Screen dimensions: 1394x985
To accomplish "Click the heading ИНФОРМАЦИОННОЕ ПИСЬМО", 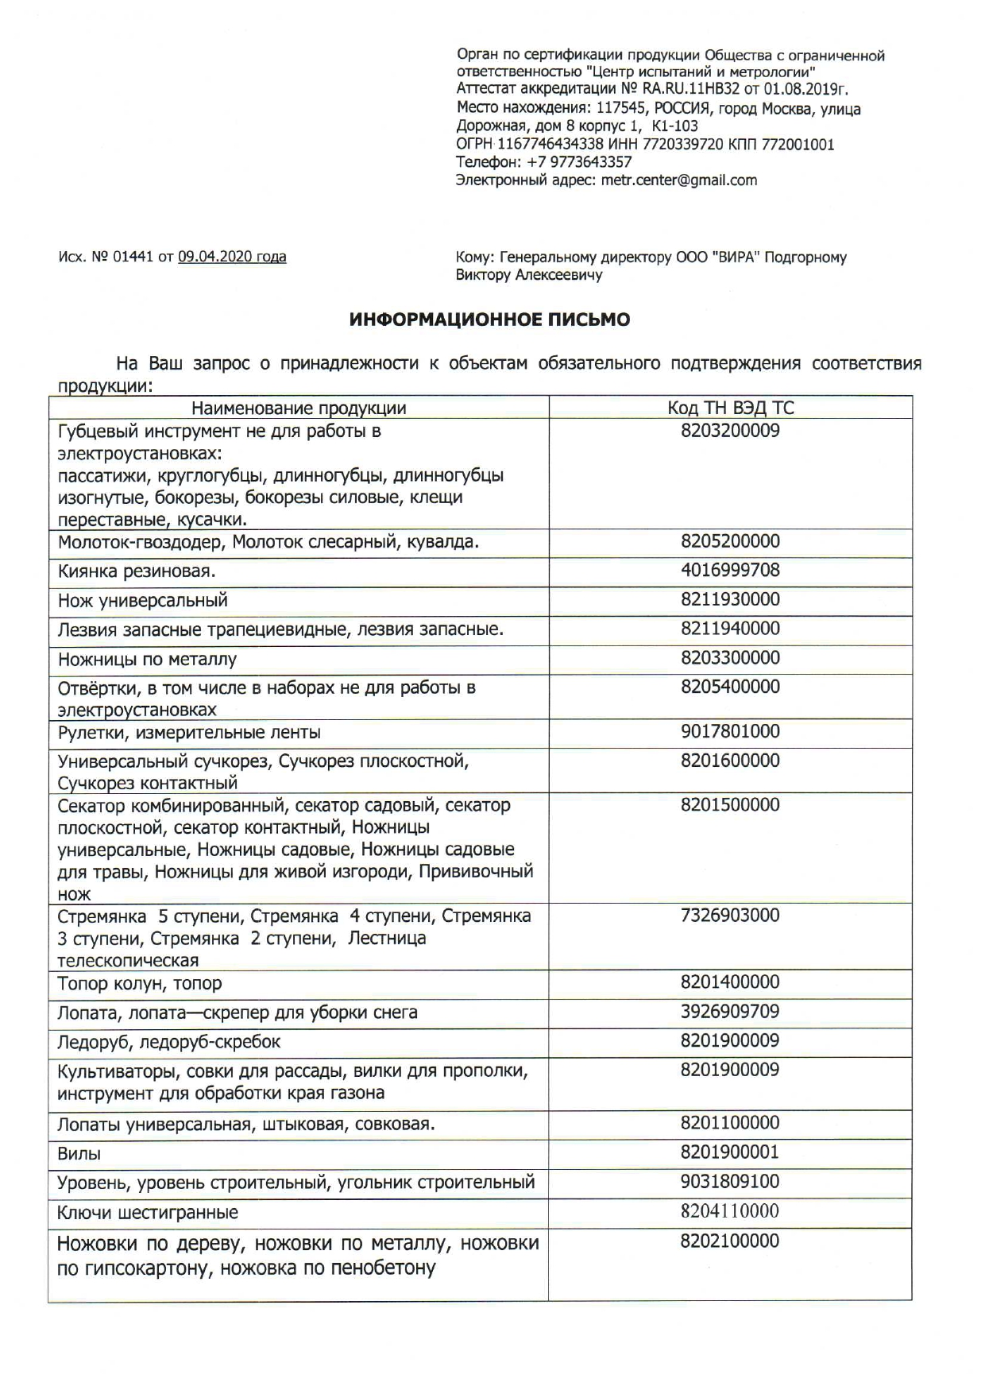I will (490, 319).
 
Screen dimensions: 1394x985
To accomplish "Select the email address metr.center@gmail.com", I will (679, 180).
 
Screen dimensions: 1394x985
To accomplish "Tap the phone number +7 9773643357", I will (579, 162).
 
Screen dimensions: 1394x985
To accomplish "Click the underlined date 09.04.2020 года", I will (232, 257).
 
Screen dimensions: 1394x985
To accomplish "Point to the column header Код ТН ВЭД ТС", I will (730, 409).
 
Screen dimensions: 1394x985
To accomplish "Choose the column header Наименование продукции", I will (299, 409).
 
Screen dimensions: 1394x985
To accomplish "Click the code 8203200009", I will (730, 432).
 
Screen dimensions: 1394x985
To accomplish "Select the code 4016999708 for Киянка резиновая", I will (730, 571).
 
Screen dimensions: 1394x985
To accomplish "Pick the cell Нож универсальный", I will (143, 601).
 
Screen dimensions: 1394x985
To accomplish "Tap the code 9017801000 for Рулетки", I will (730, 731).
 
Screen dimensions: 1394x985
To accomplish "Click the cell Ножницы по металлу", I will (148, 660).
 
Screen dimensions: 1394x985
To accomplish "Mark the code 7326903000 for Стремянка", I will (730, 916).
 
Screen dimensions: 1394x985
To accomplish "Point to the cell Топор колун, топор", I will (140, 984).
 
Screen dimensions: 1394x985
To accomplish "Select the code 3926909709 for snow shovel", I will (730, 1012).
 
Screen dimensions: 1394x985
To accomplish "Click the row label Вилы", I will (79, 1154).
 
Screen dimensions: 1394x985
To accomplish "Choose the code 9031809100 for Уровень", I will (730, 1182).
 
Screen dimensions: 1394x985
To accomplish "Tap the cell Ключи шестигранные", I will (148, 1213).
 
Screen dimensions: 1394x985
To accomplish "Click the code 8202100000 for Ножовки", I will (730, 1241).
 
